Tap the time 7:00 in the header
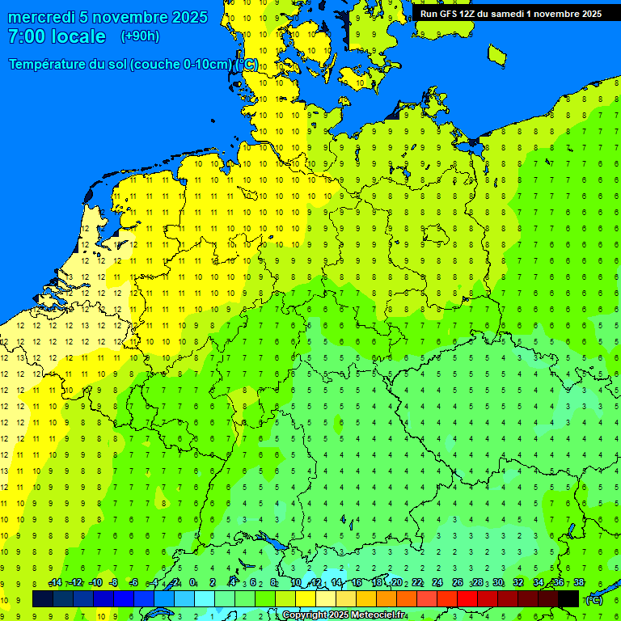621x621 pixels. pos(27,36)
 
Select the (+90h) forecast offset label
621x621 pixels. pos(140,36)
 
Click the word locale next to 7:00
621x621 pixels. pos(78,36)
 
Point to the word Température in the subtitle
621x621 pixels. pos(50,65)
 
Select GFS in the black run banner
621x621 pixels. pos(448,14)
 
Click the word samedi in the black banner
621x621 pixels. pos(506,14)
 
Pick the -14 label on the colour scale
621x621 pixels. pos(55,582)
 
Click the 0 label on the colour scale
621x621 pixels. pos(192,582)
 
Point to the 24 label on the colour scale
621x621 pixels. pos(437,582)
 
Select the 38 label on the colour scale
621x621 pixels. pos(579,582)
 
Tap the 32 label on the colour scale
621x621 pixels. pos(518,582)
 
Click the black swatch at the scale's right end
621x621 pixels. pos(568,598)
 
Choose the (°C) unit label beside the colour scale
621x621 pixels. pos(594,599)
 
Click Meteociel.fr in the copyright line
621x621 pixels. pos(378,615)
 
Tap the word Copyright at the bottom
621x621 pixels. pos(305,615)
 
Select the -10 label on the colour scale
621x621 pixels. pos(95,582)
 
